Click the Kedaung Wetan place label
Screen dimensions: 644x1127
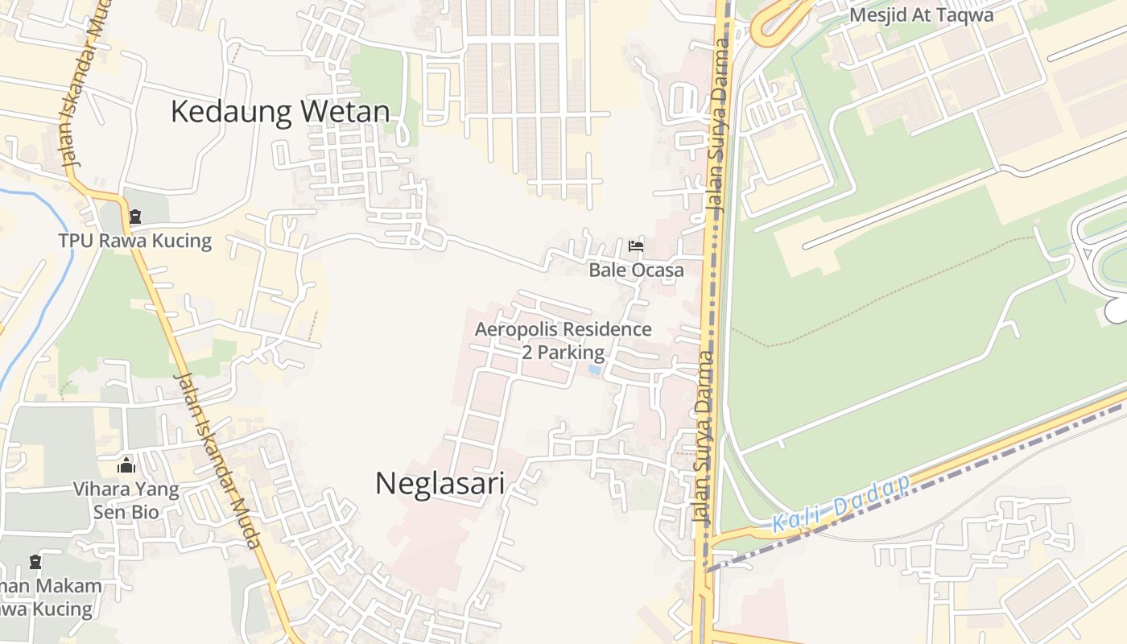(x=279, y=112)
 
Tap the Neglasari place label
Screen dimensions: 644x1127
(x=440, y=484)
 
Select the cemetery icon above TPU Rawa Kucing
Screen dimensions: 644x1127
(x=134, y=217)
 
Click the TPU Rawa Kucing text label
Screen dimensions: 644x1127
(x=134, y=241)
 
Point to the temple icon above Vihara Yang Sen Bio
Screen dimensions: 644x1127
(x=126, y=465)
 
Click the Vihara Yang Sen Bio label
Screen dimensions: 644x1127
(x=126, y=500)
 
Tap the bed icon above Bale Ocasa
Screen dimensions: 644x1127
(x=636, y=246)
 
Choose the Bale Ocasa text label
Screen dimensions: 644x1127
(x=636, y=270)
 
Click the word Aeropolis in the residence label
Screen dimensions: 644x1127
(x=515, y=329)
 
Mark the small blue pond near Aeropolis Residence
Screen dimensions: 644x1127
(x=594, y=369)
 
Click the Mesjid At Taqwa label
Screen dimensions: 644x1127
(x=921, y=14)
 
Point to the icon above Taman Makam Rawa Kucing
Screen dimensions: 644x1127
(x=35, y=562)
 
